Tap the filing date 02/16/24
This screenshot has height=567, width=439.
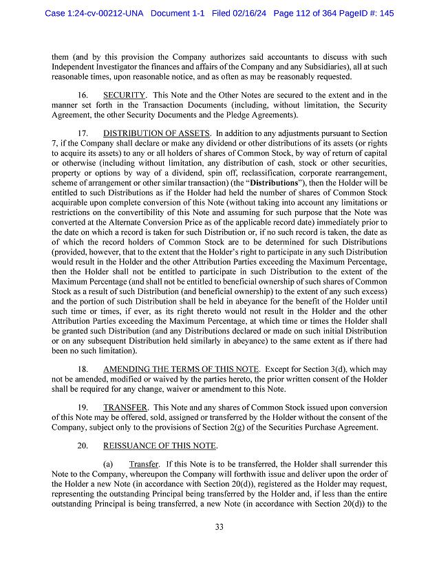[x=253, y=13]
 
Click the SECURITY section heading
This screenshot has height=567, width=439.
[x=124, y=94]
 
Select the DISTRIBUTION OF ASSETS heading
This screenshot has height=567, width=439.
[x=157, y=133]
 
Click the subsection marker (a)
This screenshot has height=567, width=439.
[x=109, y=465]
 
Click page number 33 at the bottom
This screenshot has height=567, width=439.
[x=219, y=527]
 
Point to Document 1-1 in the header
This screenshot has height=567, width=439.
[x=177, y=13]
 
